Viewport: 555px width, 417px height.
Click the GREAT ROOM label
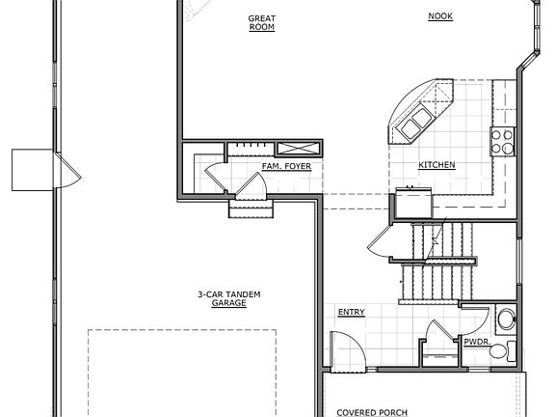pos(261,22)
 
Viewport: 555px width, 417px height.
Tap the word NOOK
pos(439,16)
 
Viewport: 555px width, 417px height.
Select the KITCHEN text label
pos(436,165)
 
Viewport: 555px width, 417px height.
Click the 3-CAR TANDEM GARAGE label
pos(229,298)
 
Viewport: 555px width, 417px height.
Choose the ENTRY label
pos(351,312)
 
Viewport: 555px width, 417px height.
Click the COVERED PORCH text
pos(372,412)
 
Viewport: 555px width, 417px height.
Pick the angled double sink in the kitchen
pos(417,122)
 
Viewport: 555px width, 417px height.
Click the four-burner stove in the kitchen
pos(502,141)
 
